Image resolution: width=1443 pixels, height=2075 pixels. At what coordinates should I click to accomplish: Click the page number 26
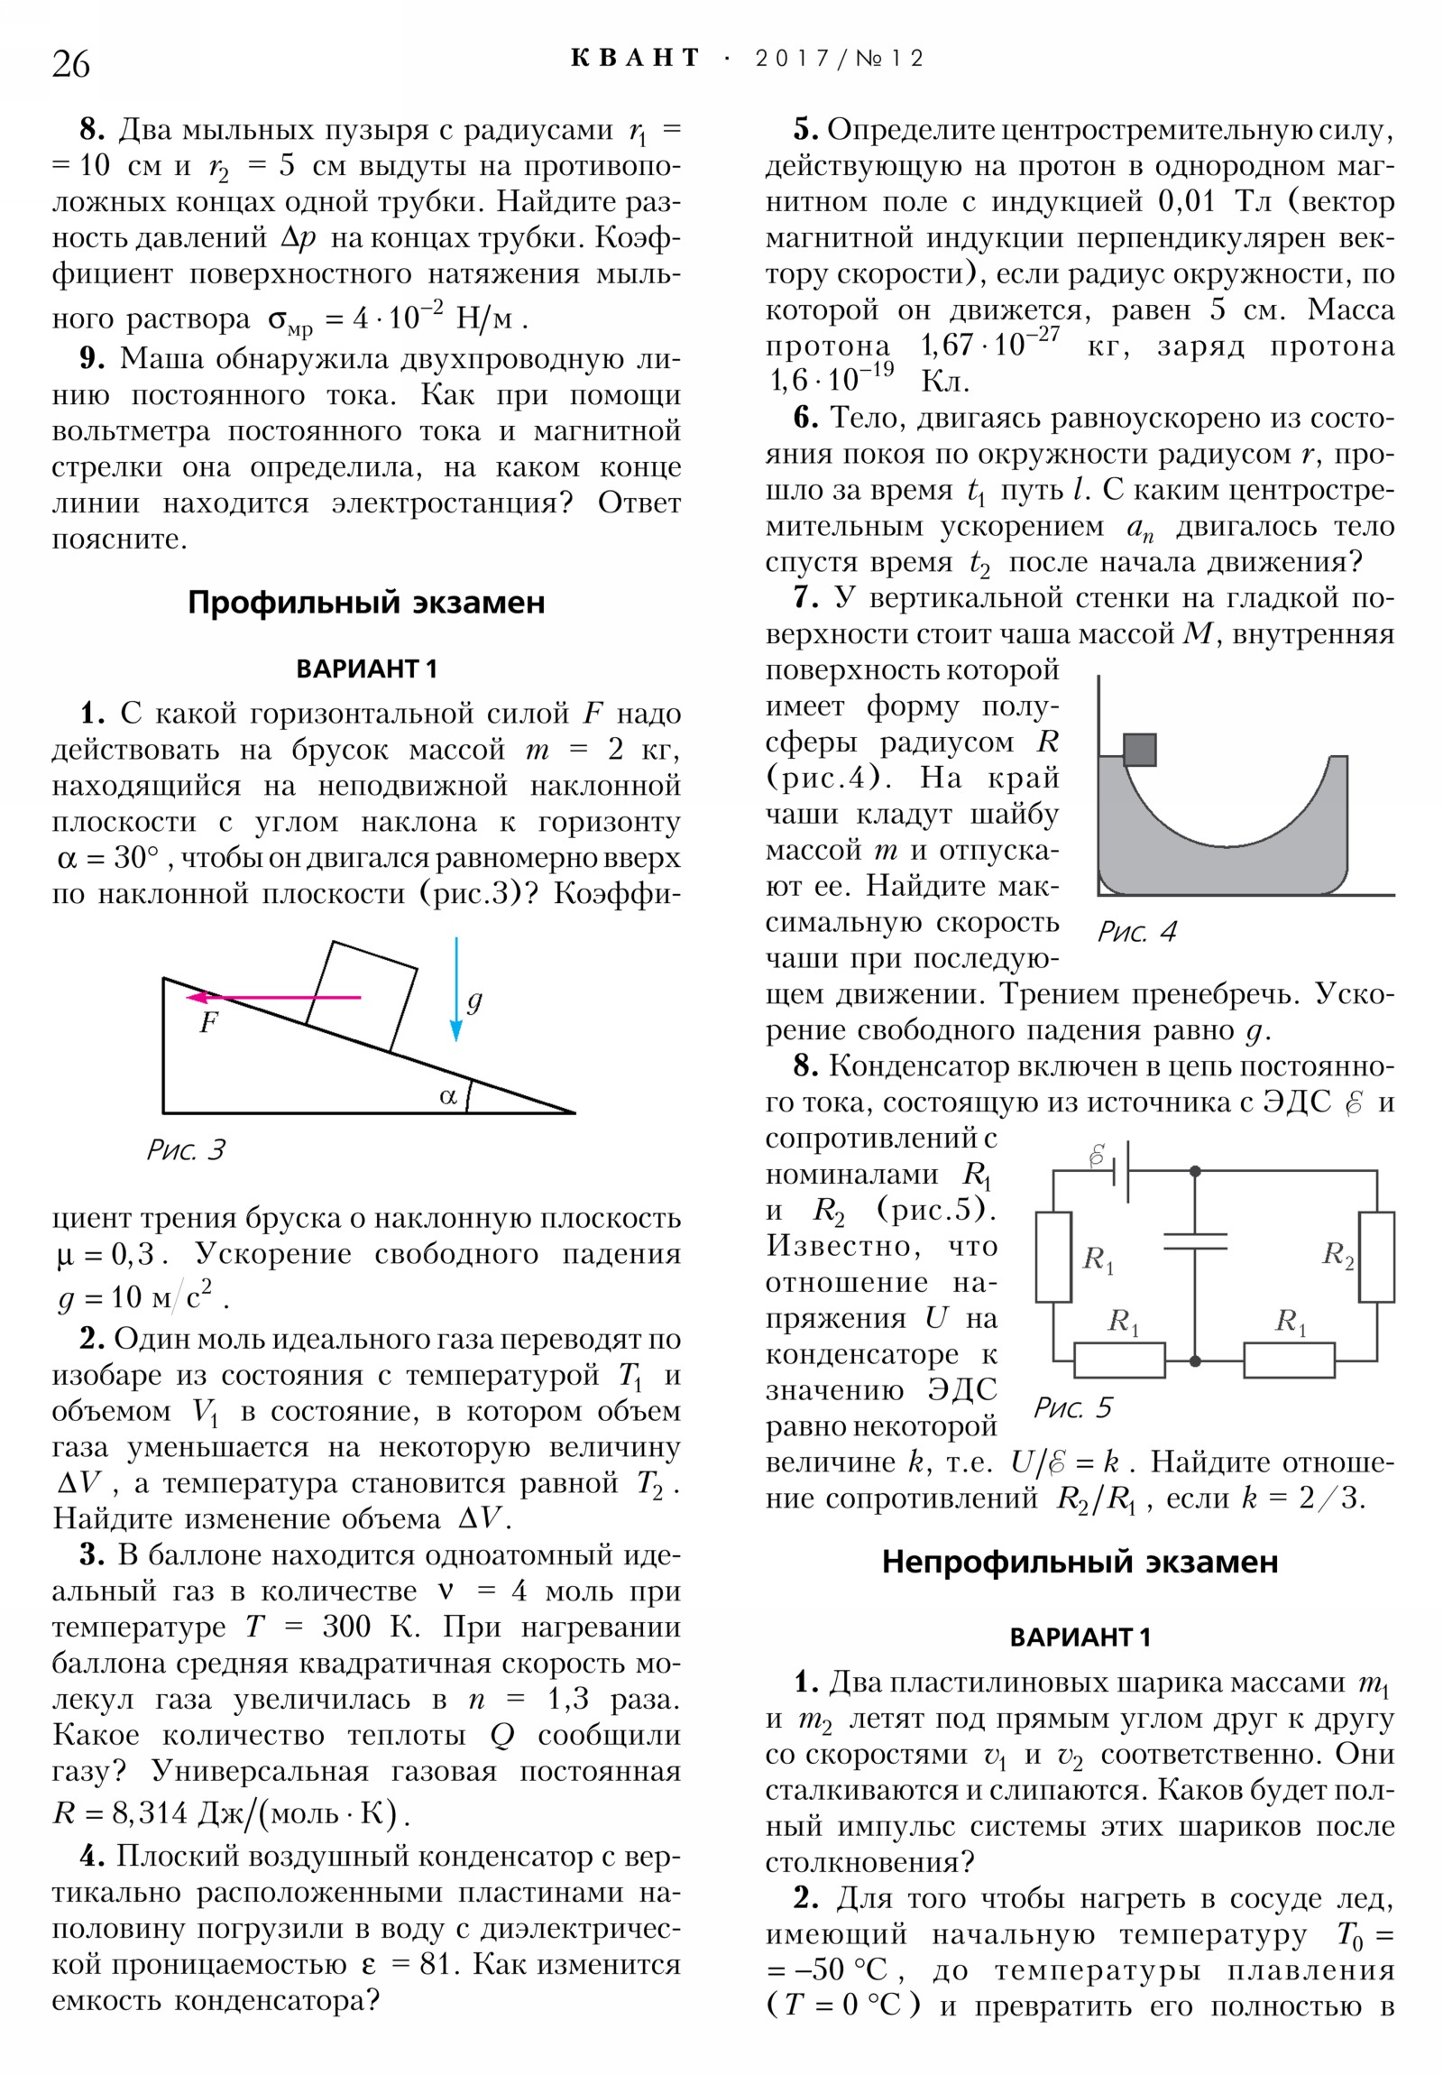70,64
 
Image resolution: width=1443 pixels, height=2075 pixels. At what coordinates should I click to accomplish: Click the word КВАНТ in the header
635,59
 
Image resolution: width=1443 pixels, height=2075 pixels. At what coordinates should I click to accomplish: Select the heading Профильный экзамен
366,603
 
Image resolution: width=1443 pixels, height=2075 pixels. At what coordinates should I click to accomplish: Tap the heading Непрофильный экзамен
1080,1562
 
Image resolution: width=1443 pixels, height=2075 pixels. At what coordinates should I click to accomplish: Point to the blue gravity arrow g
456,990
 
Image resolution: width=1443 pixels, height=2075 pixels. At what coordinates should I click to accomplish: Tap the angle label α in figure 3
448,1096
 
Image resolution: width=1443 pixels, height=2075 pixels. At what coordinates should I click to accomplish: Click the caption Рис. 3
185,1149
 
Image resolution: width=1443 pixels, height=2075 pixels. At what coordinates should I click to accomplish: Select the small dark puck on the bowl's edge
1139,749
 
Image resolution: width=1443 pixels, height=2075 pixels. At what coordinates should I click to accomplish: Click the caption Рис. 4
1136,932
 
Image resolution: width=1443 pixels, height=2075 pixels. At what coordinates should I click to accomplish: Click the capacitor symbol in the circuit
1194,1240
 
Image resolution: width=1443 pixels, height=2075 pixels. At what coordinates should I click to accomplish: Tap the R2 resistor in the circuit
1376,1256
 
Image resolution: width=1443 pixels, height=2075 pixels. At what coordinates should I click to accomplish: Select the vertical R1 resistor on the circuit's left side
1053,1256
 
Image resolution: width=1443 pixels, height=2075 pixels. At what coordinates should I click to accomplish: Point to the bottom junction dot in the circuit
1194,1360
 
